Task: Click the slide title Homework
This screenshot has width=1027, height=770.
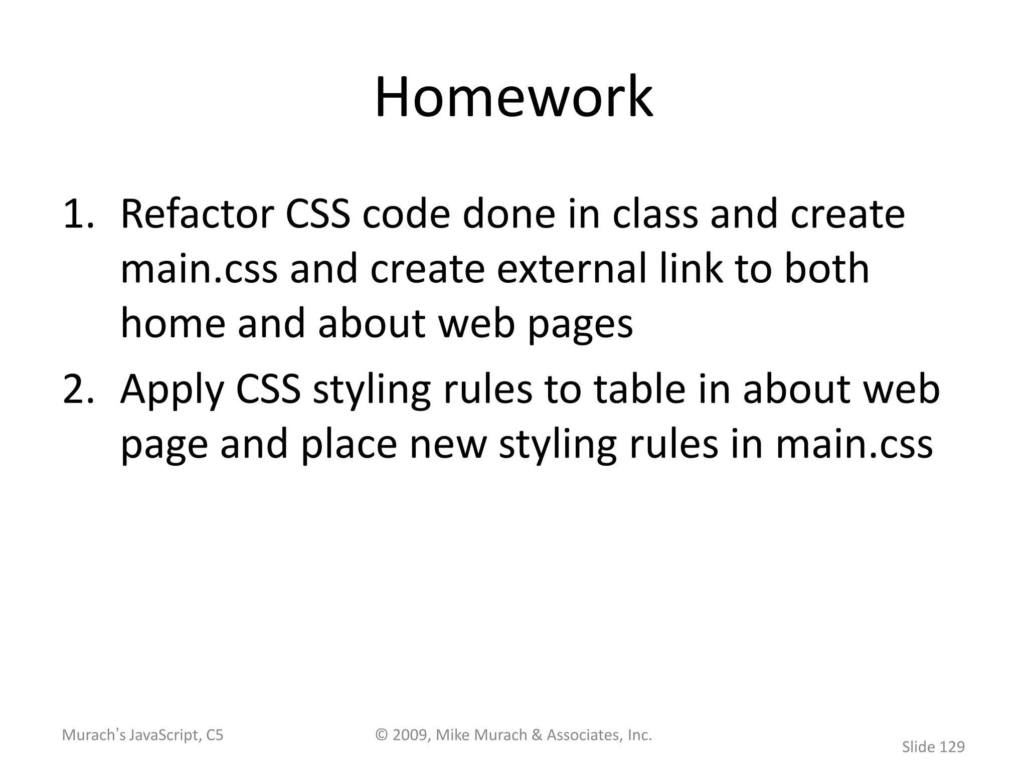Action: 513,97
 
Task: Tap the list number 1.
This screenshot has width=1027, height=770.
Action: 78,215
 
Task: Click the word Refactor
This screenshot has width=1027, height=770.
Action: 197,215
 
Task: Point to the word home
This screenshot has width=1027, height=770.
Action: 173,323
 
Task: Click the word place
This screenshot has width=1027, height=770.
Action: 349,445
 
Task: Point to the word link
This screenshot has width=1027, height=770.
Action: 691,269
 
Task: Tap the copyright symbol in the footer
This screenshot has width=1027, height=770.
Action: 383,735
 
